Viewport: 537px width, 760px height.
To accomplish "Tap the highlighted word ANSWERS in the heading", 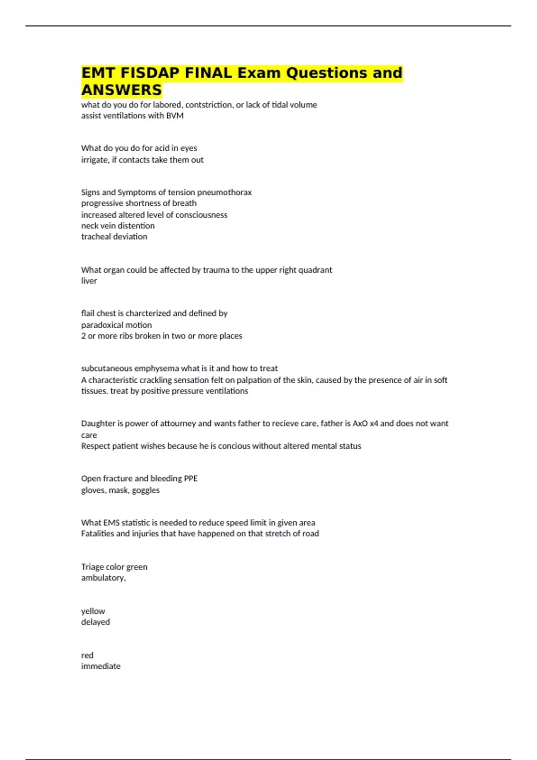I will [x=121, y=90].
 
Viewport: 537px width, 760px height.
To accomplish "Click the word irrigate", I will [x=94, y=160].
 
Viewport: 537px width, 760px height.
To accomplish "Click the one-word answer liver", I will [x=89, y=281].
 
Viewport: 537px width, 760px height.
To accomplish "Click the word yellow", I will [x=93, y=611].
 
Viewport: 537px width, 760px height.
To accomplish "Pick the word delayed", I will [x=95, y=622].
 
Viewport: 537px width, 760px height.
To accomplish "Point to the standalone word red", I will [x=87, y=655].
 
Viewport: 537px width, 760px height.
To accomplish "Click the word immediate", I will [x=101, y=666].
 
